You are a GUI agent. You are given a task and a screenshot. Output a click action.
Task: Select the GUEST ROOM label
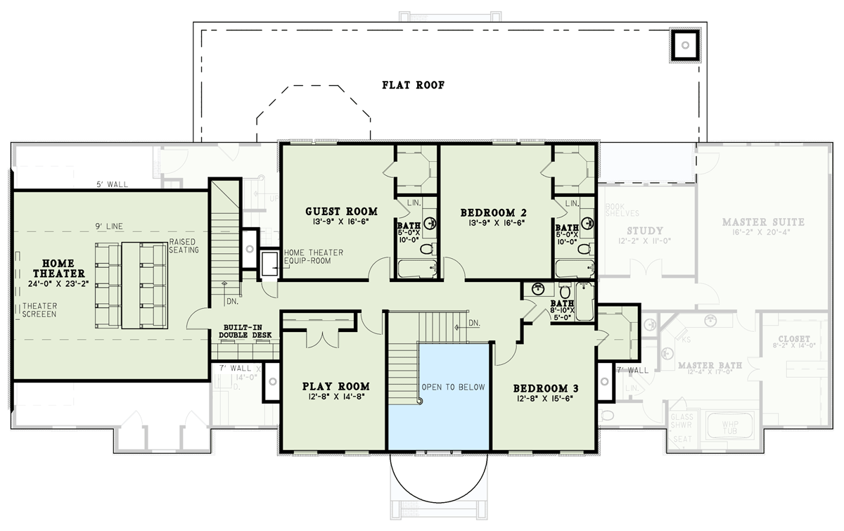coord(341,211)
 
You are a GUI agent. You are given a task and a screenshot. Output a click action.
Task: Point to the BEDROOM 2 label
coord(493,212)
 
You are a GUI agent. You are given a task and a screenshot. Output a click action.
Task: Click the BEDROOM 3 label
coord(546,388)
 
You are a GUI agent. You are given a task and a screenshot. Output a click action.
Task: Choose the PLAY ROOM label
coord(335,386)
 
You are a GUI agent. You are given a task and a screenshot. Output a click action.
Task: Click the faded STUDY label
coord(645,231)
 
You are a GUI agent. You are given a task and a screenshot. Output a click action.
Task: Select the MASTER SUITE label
coord(763,222)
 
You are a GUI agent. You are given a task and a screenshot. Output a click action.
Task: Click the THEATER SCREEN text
coord(39,310)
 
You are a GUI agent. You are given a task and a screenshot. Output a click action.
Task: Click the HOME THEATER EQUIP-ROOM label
coord(313,257)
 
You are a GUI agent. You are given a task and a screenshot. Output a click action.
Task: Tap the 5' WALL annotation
coord(113,185)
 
